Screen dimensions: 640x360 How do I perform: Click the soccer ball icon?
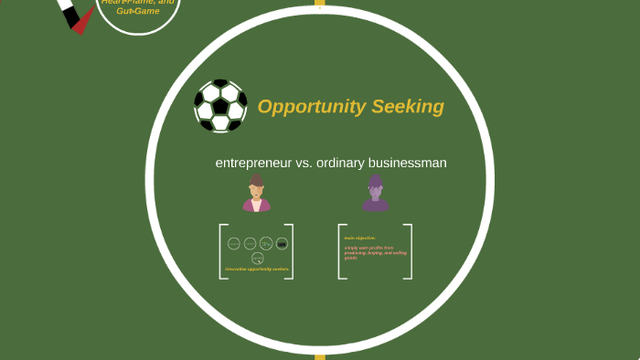tap(220, 106)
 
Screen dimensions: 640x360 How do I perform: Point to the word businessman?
tap(407, 163)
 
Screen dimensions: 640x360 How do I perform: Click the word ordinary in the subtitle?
tap(338, 163)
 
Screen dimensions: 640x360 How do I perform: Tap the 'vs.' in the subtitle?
tap(304, 163)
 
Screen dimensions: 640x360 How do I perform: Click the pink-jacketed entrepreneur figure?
tap(257, 194)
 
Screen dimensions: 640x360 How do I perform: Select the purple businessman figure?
tap(375, 194)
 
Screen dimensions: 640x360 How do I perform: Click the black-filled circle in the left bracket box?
tap(282, 243)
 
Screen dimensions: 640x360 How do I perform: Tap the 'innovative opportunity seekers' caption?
tap(257, 269)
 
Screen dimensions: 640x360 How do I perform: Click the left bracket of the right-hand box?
tap(340, 251)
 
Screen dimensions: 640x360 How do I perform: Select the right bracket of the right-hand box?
tap(410, 251)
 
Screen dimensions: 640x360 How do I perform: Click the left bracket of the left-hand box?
tap(222, 251)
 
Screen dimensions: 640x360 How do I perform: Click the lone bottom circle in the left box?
tap(257, 258)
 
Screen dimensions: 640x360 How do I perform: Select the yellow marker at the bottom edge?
tap(319, 355)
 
